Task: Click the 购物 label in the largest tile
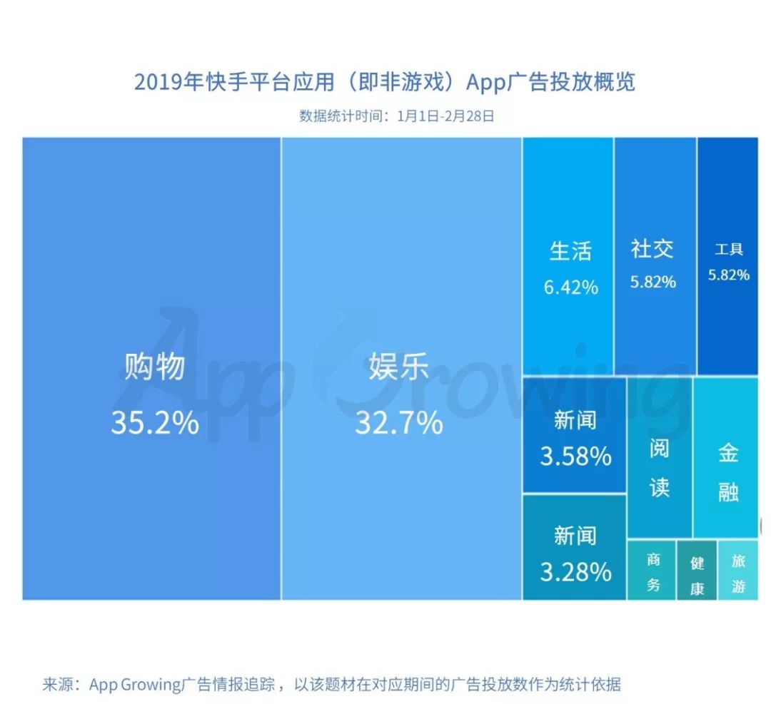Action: (x=154, y=367)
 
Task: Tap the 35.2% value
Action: (x=154, y=423)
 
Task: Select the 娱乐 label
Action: (x=398, y=367)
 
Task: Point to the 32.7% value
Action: (x=398, y=423)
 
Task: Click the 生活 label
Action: (x=570, y=251)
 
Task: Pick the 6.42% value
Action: (x=570, y=287)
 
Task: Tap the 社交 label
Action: (x=652, y=249)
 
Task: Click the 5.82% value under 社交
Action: (x=652, y=282)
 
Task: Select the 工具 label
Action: (x=729, y=249)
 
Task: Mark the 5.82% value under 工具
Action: (x=729, y=275)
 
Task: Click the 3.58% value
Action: (x=575, y=456)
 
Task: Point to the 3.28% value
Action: (x=575, y=571)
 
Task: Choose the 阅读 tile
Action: (x=660, y=467)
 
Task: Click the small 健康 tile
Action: (x=697, y=576)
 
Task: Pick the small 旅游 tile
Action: (x=739, y=573)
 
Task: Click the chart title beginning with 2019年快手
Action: (x=385, y=82)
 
